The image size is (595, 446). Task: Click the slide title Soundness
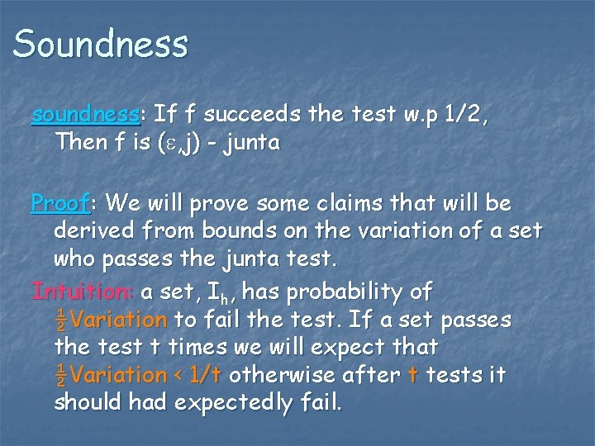click(100, 43)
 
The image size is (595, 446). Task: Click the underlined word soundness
click(79, 115)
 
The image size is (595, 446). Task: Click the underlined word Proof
click(62, 202)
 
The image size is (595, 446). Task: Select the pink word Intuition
click(82, 291)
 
